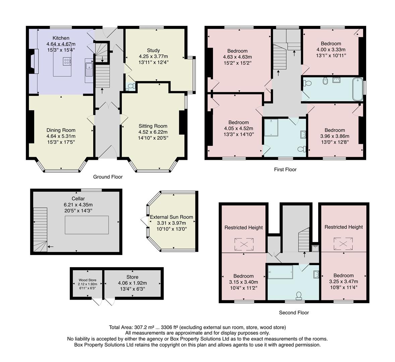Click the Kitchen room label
point(61,38)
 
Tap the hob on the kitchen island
point(66,61)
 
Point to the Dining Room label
point(61,130)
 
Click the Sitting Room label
point(153,126)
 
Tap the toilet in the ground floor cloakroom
point(131,86)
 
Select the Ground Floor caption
point(108,177)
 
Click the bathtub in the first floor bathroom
point(357,89)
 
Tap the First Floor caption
point(285,170)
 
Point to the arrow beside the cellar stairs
point(50,247)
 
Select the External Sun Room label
point(171,217)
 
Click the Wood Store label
point(87,280)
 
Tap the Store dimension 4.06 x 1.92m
point(132,283)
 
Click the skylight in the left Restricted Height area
point(244,244)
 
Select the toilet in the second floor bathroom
point(299,295)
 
